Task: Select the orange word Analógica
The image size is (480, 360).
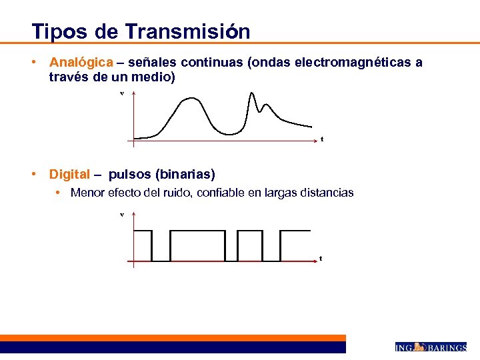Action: point(81,62)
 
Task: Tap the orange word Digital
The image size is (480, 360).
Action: point(69,175)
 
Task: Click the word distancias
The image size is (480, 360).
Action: point(329,193)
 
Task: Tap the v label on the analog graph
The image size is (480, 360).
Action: point(122,93)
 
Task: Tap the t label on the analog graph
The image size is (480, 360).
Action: point(322,139)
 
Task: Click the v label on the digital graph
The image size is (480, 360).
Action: point(122,214)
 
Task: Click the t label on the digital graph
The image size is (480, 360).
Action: point(321,258)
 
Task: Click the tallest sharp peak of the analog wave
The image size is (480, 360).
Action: point(253,93)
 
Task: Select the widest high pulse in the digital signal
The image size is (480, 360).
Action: point(197,231)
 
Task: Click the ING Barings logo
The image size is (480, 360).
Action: point(431,347)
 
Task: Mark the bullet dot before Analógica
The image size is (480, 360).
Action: point(33,62)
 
